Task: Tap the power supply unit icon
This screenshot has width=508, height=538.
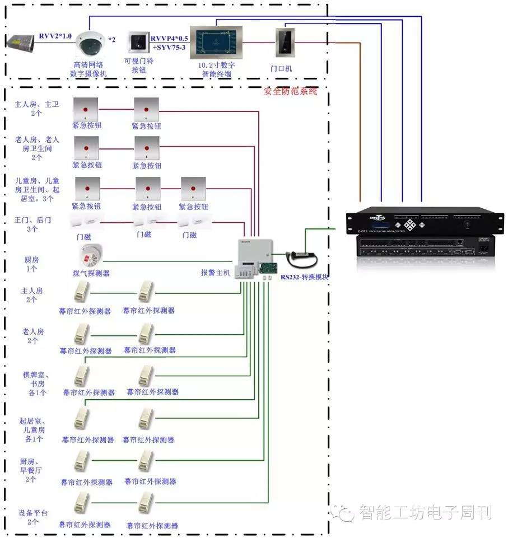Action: (21, 40)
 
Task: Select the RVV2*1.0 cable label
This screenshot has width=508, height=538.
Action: (55, 36)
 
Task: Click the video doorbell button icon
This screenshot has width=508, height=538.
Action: (138, 42)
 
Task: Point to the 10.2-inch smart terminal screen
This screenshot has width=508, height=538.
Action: (216, 42)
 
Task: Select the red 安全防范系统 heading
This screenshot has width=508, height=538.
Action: (290, 91)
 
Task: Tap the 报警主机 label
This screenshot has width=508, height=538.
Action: (216, 273)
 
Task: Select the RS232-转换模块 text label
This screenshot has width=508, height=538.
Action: (304, 277)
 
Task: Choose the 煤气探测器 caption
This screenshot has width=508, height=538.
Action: (91, 273)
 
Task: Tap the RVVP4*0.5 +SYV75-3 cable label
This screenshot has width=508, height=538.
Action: (169, 43)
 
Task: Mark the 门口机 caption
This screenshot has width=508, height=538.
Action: (281, 69)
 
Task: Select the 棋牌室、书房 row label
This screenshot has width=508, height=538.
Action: (34, 383)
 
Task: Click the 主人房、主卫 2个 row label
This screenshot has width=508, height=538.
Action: (36, 109)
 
